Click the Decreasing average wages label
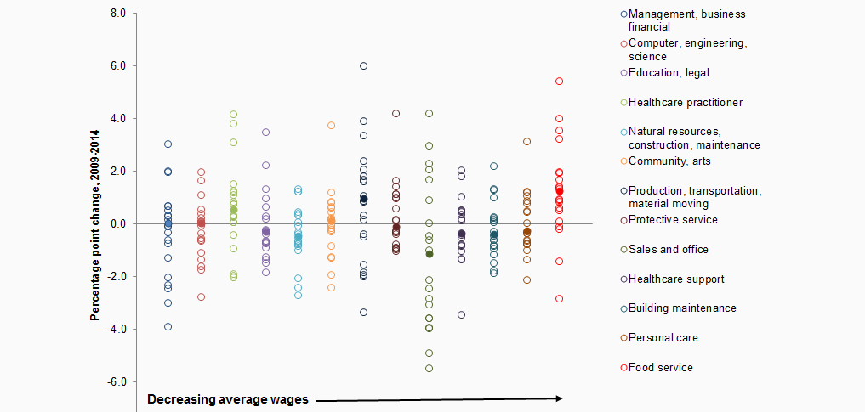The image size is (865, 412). (x=228, y=399)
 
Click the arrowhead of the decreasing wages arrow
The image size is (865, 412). (x=560, y=398)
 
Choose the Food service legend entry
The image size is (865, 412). (x=661, y=368)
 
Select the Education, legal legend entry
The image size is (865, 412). (x=669, y=73)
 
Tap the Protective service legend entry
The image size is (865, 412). (x=673, y=220)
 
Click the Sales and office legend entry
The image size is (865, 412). (x=669, y=250)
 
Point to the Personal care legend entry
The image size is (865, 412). (x=663, y=338)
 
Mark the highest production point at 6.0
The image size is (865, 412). (x=363, y=66)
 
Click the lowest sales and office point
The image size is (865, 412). (x=430, y=369)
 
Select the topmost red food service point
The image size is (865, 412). (x=559, y=82)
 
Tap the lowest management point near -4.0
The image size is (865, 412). (x=168, y=327)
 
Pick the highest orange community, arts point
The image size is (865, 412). (x=331, y=126)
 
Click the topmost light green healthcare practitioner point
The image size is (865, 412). (x=233, y=115)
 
